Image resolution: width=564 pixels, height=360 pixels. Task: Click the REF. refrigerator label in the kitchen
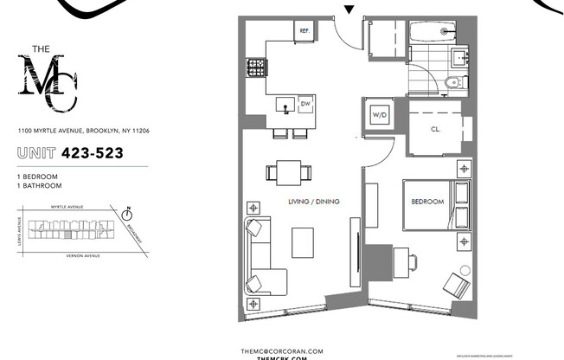[x=304, y=31]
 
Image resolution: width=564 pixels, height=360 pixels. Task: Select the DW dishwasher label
[x=304, y=105]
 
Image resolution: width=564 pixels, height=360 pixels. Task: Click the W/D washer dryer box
[x=380, y=114]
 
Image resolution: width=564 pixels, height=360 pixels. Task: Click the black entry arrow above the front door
[x=349, y=10]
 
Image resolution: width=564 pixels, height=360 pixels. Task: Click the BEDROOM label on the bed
[x=427, y=202]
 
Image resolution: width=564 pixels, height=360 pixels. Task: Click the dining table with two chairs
[x=285, y=171]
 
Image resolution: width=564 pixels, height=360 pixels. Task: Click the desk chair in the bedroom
[x=410, y=261]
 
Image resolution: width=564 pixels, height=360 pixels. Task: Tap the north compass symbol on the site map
[x=127, y=211]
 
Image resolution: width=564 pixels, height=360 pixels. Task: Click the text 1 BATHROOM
[x=39, y=185]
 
